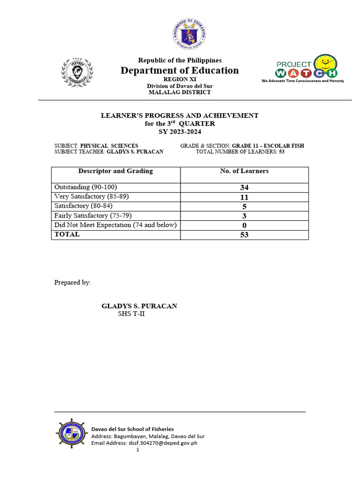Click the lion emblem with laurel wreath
(77, 72)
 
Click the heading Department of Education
(180, 70)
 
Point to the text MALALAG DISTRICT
(180, 92)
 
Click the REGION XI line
(180, 80)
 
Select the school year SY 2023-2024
(180, 132)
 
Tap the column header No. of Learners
(244, 171)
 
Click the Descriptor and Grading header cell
(115, 171)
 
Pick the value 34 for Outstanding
(244, 187)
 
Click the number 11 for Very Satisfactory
(244, 197)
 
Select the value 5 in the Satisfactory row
(244, 207)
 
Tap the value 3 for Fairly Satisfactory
(244, 216)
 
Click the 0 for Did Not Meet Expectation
(244, 225)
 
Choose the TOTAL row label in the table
(67, 234)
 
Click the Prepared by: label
(73, 283)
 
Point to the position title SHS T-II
(131, 314)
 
